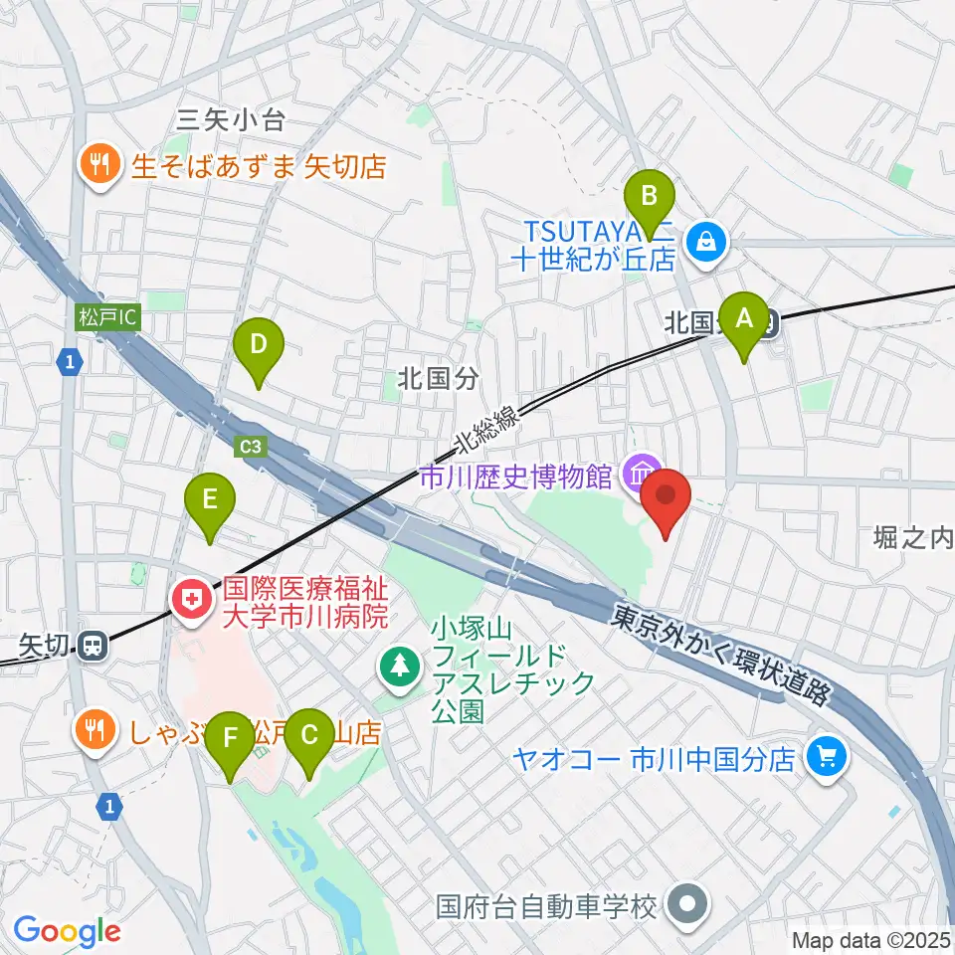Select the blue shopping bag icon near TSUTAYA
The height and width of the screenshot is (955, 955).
[x=705, y=240]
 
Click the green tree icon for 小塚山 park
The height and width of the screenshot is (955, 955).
[x=400, y=666]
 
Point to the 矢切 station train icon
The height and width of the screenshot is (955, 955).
[x=93, y=647]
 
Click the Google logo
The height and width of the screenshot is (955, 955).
[x=67, y=931]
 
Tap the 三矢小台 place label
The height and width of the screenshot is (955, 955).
[x=231, y=121]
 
